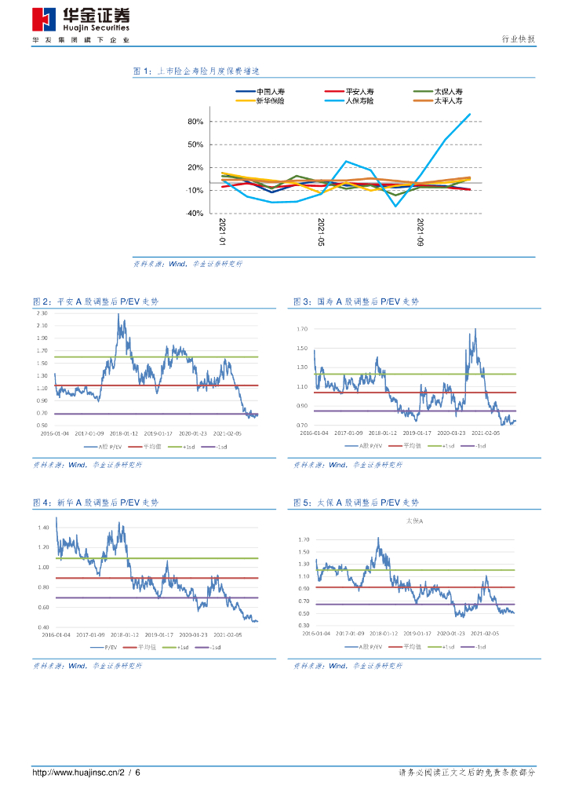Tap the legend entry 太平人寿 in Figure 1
[x=448, y=101]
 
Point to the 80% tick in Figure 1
[x=195, y=122]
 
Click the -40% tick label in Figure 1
[x=195, y=213]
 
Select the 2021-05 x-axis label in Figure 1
[x=321, y=233]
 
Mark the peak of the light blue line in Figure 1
[x=469, y=115]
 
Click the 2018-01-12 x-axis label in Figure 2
[x=124, y=433]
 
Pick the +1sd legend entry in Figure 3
[x=448, y=445]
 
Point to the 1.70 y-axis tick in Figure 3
[x=302, y=328]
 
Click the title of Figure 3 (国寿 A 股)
[x=356, y=301]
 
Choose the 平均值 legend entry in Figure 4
[x=147, y=647]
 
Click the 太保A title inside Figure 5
[x=414, y=521]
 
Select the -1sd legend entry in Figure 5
[x=477, y=647]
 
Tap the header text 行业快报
[x=518, y=39]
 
